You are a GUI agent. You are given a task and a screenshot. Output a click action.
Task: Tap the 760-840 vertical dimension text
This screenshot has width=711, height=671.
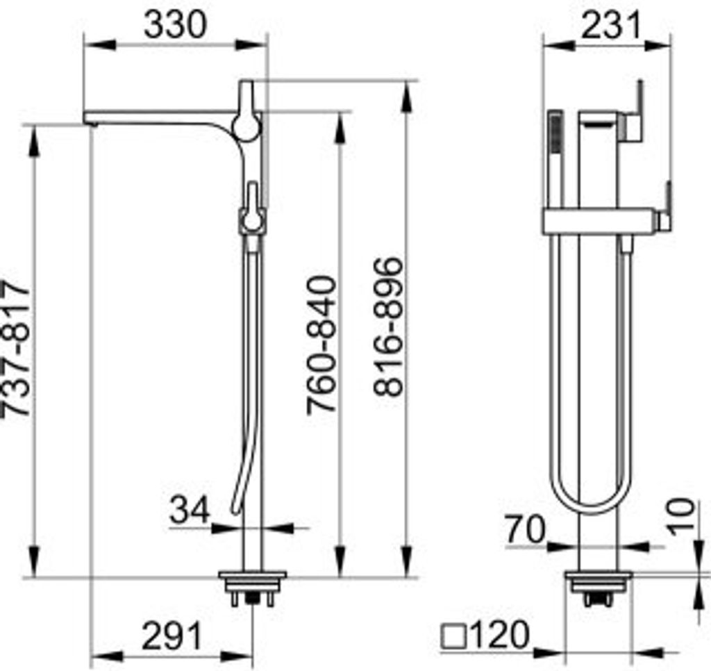pos(322,345)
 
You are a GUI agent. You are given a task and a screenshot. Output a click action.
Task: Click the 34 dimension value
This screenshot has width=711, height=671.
pos(190,511)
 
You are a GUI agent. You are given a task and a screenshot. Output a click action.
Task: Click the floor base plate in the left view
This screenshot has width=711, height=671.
pos(252,576)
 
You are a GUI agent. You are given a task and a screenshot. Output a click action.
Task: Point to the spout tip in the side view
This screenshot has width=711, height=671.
pos(88,119)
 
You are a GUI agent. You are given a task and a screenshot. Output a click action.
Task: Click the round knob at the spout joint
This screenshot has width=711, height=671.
pos(244,128)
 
